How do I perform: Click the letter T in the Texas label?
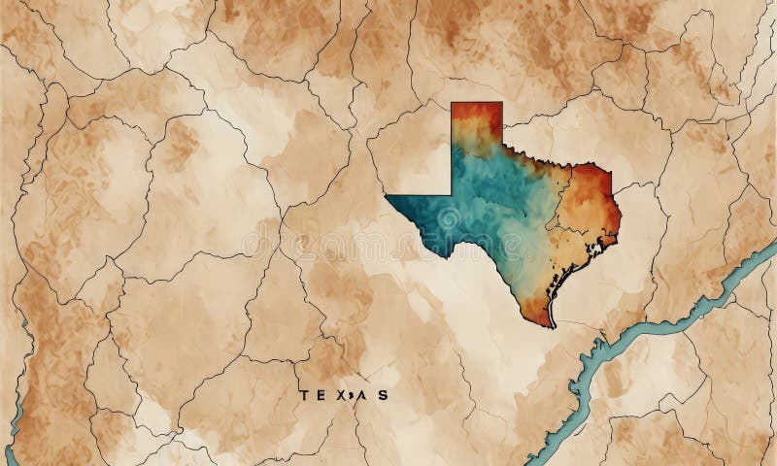point(305,395)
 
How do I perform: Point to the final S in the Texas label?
point(385,395)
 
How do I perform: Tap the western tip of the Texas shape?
point(388,196)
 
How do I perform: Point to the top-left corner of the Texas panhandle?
point(453,103)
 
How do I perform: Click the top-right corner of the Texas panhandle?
point(501,103)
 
